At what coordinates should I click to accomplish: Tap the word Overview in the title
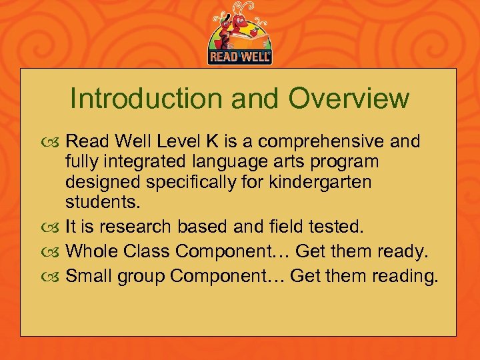[349, 99]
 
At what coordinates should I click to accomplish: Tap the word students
[96, 201]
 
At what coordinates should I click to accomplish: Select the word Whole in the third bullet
[88, 251]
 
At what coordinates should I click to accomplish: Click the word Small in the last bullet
[88, 275]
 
